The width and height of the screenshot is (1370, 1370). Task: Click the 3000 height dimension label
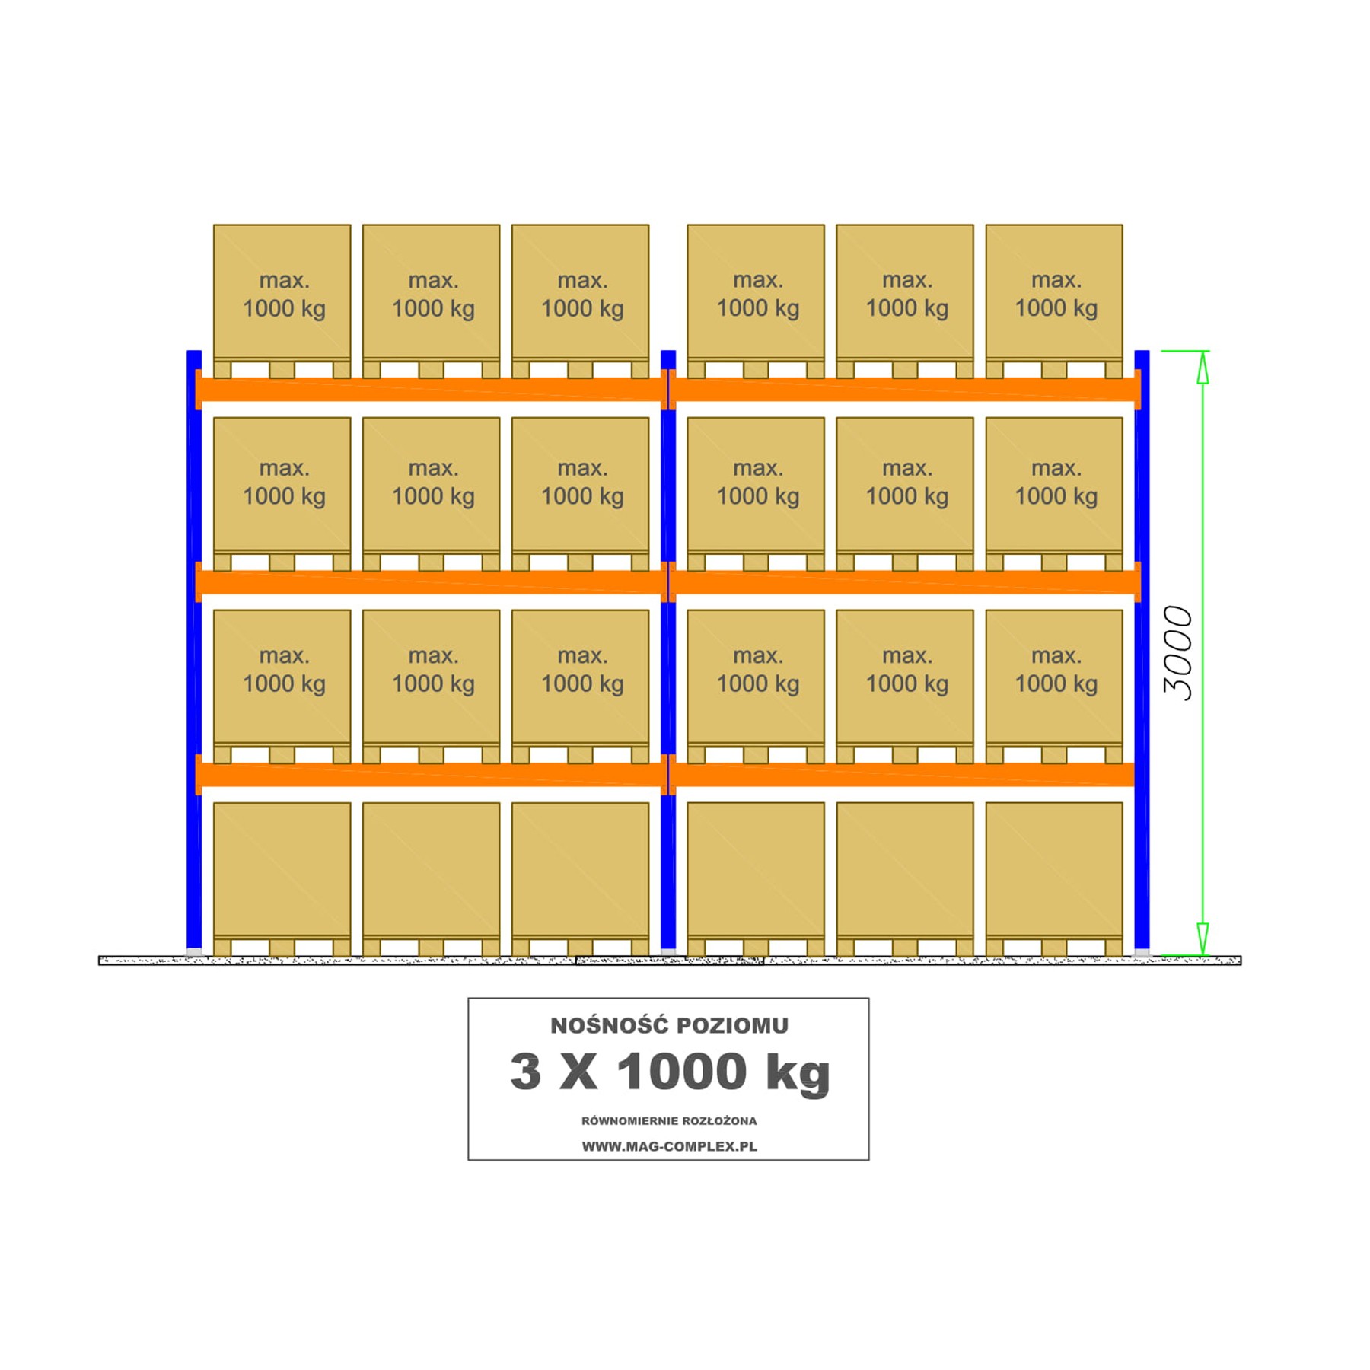(x=1177, y=653)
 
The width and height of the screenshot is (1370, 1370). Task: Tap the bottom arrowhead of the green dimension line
(x=1203, y=938)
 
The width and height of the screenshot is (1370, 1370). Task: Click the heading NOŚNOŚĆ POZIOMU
(x=669, y=1025)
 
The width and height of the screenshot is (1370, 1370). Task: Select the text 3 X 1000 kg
(x=669, y=1072)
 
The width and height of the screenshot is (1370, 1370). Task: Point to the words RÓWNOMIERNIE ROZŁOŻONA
(x=669, y=1121)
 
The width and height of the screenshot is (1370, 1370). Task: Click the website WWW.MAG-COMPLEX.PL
(x=669, y=1146)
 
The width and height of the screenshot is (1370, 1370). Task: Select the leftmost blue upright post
(x=194, y=650)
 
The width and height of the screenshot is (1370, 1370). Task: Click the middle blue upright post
(x=668, y=650)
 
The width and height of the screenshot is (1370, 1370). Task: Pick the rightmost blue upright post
(x=1142, y=650)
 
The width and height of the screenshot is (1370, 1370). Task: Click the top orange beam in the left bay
(x=431, y=389)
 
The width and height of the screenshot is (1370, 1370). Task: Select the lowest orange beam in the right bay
(x=905, y=774)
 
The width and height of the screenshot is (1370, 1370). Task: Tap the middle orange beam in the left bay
(x=431, y=581)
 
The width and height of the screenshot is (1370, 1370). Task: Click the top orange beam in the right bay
(x=905, y=389)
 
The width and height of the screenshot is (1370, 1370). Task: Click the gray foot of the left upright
(x=194, y=952)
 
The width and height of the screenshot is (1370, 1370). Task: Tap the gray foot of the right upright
(x=1142, y=952)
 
